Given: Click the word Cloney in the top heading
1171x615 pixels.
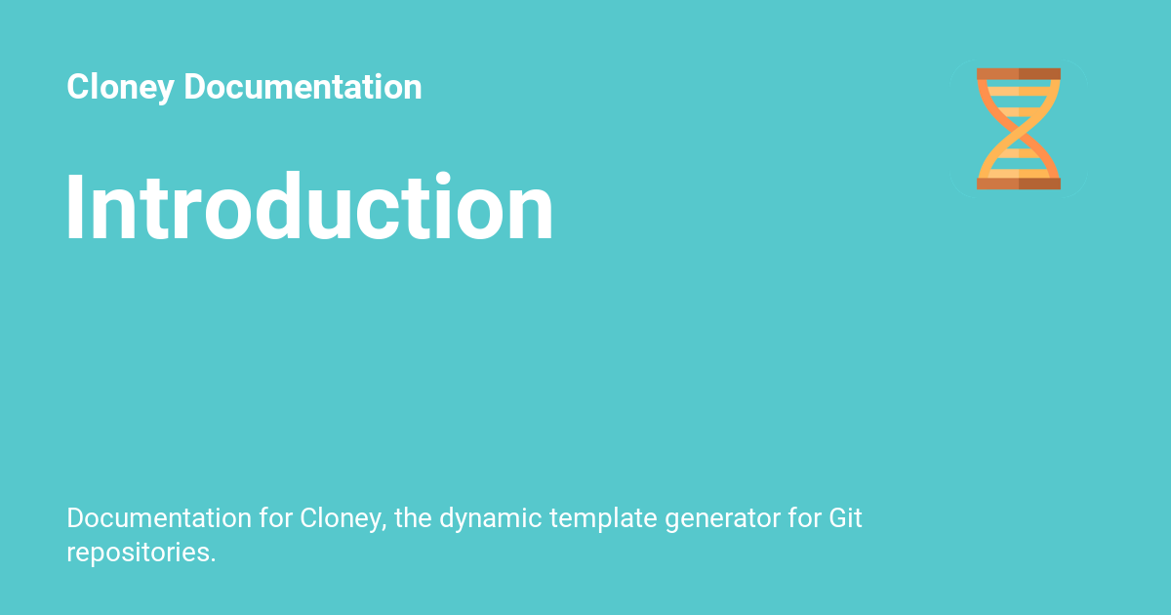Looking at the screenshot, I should click(x=120, y=88).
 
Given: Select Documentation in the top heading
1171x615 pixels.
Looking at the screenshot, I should click(x=303, y=88).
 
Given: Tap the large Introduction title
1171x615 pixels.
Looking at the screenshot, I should click(x=309, y=208).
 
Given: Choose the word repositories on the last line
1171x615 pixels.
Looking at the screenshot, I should click(x=141, y=553).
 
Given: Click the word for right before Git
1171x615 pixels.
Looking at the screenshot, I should click(x=803, y=518).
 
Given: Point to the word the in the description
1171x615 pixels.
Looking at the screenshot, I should click(x=413, y=518).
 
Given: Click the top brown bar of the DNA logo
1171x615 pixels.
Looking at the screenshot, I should click(x=1018, y=74).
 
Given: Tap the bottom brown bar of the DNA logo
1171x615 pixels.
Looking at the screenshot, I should click(x=1018, y=184).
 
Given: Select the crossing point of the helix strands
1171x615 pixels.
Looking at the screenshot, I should click(x=1018, y=129).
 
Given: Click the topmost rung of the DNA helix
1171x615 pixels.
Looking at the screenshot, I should click(x=1018, y=87).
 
